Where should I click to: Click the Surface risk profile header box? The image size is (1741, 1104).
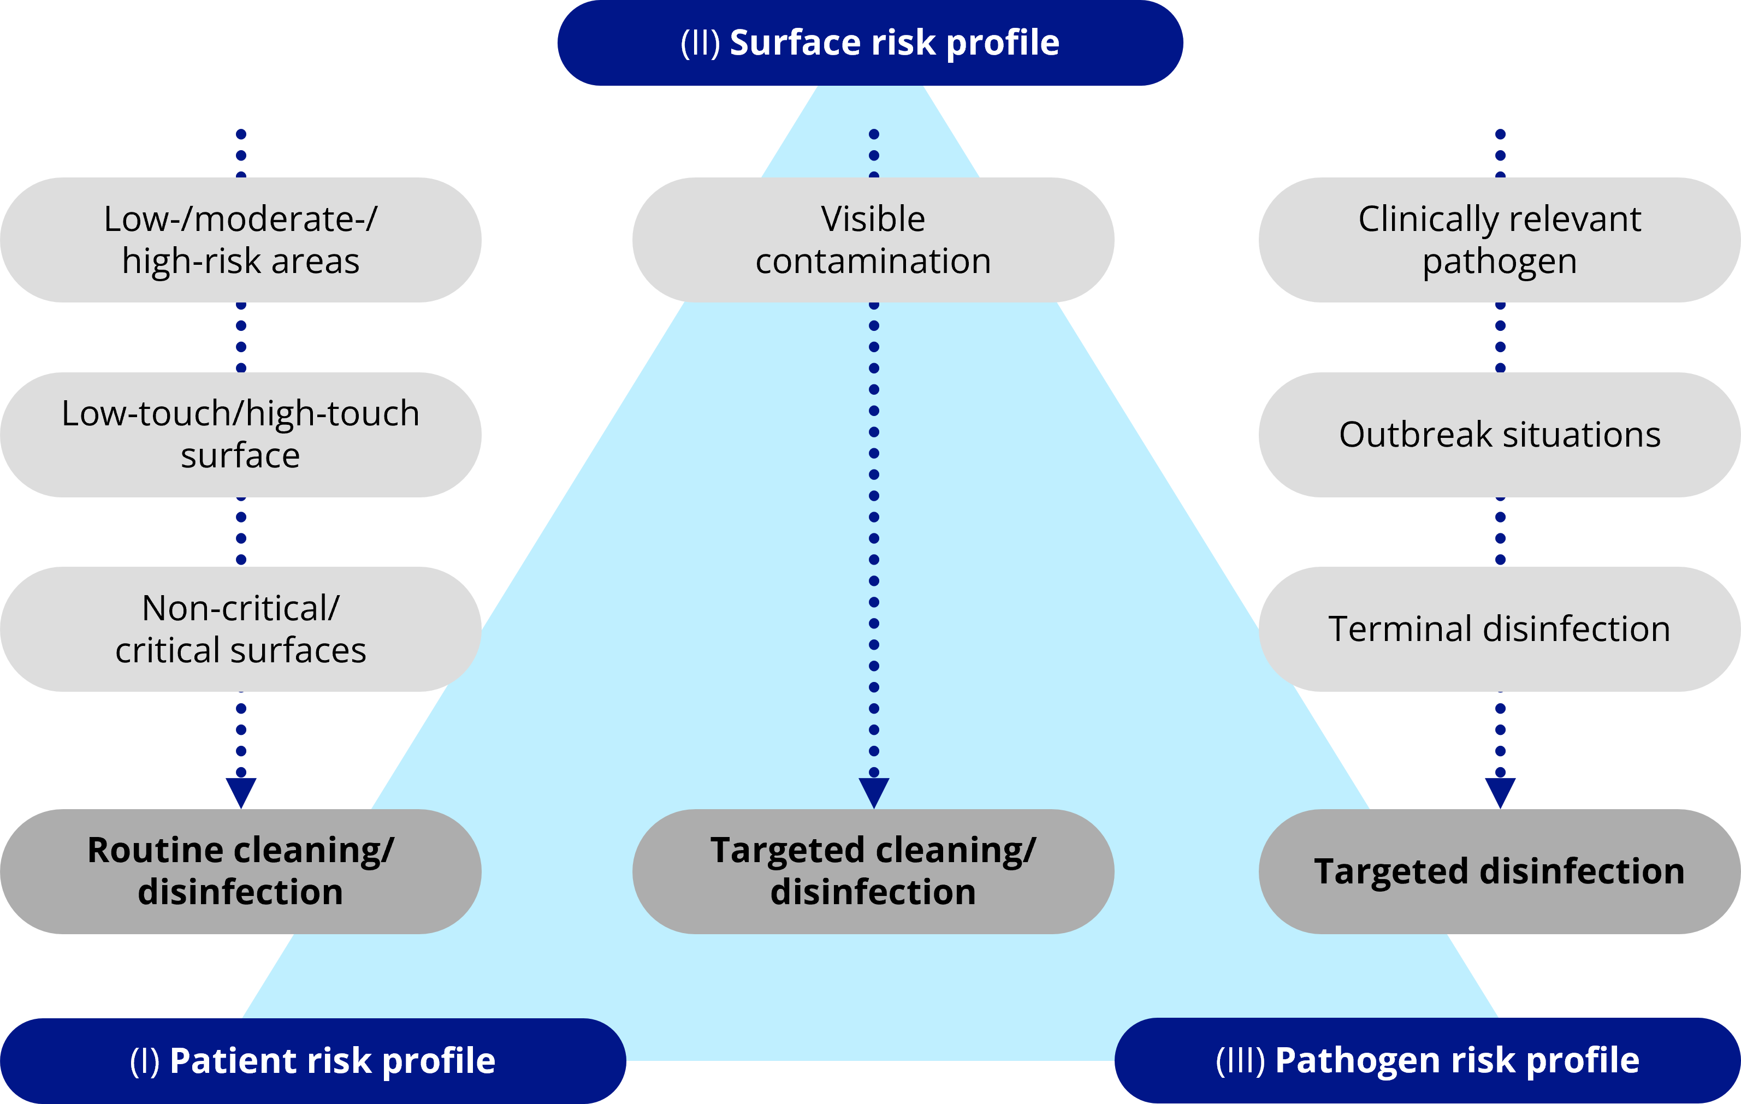point(870,43)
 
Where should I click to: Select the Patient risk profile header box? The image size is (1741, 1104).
point(312,1061)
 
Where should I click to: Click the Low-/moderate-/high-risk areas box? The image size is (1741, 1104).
point(241,240)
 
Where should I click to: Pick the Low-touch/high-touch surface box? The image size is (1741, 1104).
point(241,435)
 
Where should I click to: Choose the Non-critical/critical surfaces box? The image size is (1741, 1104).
point(241,629)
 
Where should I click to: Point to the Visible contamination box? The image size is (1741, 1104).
point(873,240)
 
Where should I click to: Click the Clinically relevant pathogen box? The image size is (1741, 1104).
point(1500,240)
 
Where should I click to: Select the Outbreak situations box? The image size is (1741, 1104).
point(1500,435)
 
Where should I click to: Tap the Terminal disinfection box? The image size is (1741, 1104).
point(1500,629)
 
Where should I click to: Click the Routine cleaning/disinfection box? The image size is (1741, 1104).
point(241,871)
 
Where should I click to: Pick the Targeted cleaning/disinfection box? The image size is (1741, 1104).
point(873,871)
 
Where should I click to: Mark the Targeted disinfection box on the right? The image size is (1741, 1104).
point(1500,871)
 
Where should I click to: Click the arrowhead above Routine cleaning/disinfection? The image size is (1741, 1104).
point(241,792)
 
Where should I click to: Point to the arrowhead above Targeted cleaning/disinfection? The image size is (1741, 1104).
point(873,792)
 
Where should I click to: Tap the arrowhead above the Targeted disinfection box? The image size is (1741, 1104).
point(1500,792)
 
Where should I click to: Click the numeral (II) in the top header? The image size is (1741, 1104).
point(700,43)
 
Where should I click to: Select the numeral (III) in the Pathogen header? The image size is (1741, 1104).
point(1240,1061)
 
